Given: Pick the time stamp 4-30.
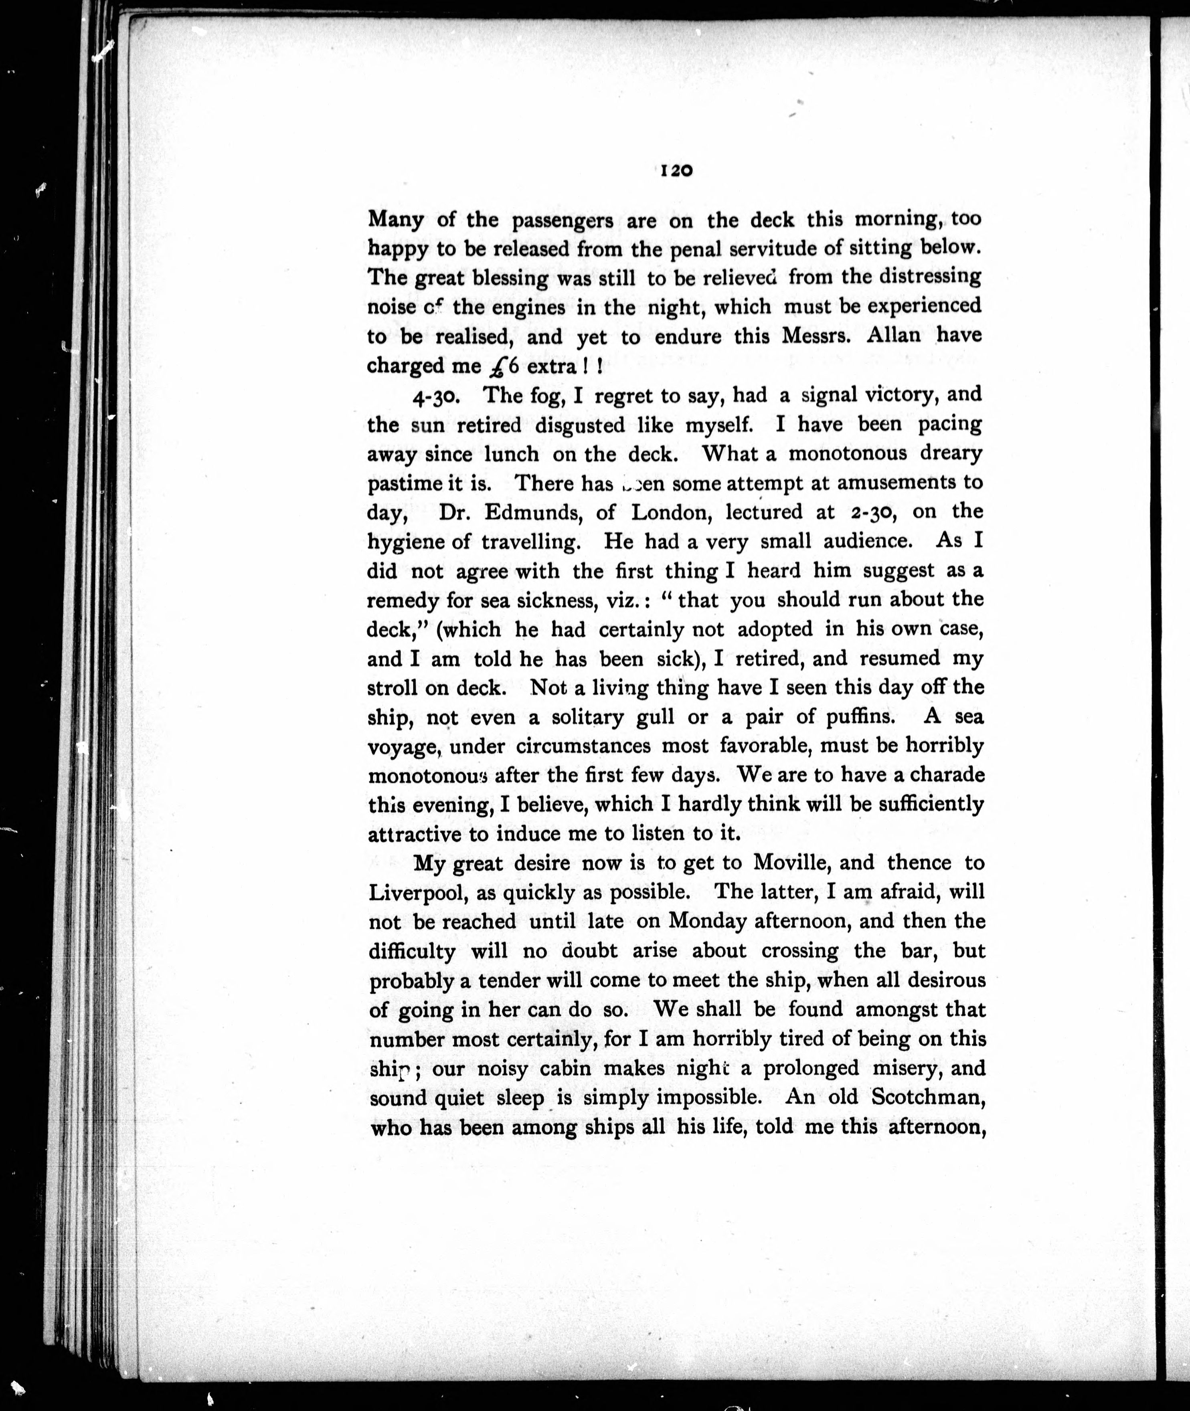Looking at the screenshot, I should pyautogui.click(x=437, y=396).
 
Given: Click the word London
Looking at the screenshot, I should pyautogui.click(x=669, y=513).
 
